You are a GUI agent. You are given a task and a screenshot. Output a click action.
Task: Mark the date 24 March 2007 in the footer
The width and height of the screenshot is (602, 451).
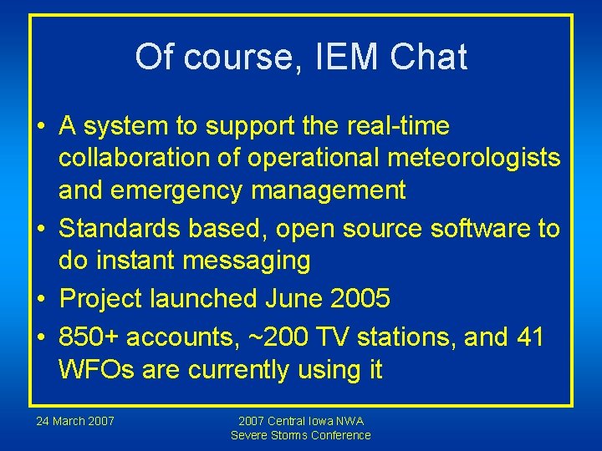[x=75, y=421]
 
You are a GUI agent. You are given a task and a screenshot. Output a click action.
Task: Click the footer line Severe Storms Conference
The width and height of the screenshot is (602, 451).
[x=301, y=435]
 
